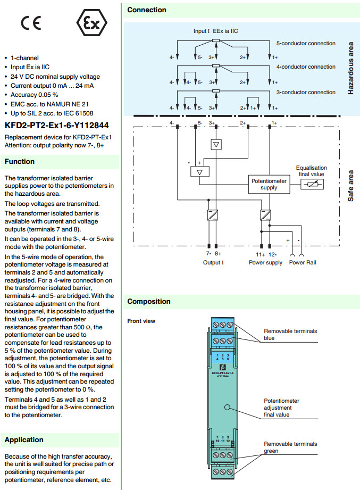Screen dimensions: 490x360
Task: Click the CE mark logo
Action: (30, 24)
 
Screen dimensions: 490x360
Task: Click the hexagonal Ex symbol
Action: (92, 24)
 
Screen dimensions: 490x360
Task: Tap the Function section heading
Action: (20, 161)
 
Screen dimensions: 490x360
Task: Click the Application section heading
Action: (24, 439)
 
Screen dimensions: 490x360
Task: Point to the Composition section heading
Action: (149, 302)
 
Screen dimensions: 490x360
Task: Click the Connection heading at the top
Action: (147, 10)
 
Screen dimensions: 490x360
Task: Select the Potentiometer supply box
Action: (269, 184)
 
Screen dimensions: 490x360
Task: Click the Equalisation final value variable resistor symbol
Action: (312, 184)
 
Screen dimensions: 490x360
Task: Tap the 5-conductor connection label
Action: (306, 43)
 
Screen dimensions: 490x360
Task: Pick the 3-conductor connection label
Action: (306, 92)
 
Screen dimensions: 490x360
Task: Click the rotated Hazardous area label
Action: (350, 69)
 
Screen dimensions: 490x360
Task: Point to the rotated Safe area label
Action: (350, 186)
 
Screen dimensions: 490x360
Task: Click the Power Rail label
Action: (303, 262)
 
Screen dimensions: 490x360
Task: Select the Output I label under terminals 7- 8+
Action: (213, 262)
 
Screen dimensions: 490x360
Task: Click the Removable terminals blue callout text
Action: (290, 334)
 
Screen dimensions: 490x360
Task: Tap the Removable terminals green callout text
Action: (290, 447)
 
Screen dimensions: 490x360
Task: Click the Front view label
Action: (141, 321)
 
